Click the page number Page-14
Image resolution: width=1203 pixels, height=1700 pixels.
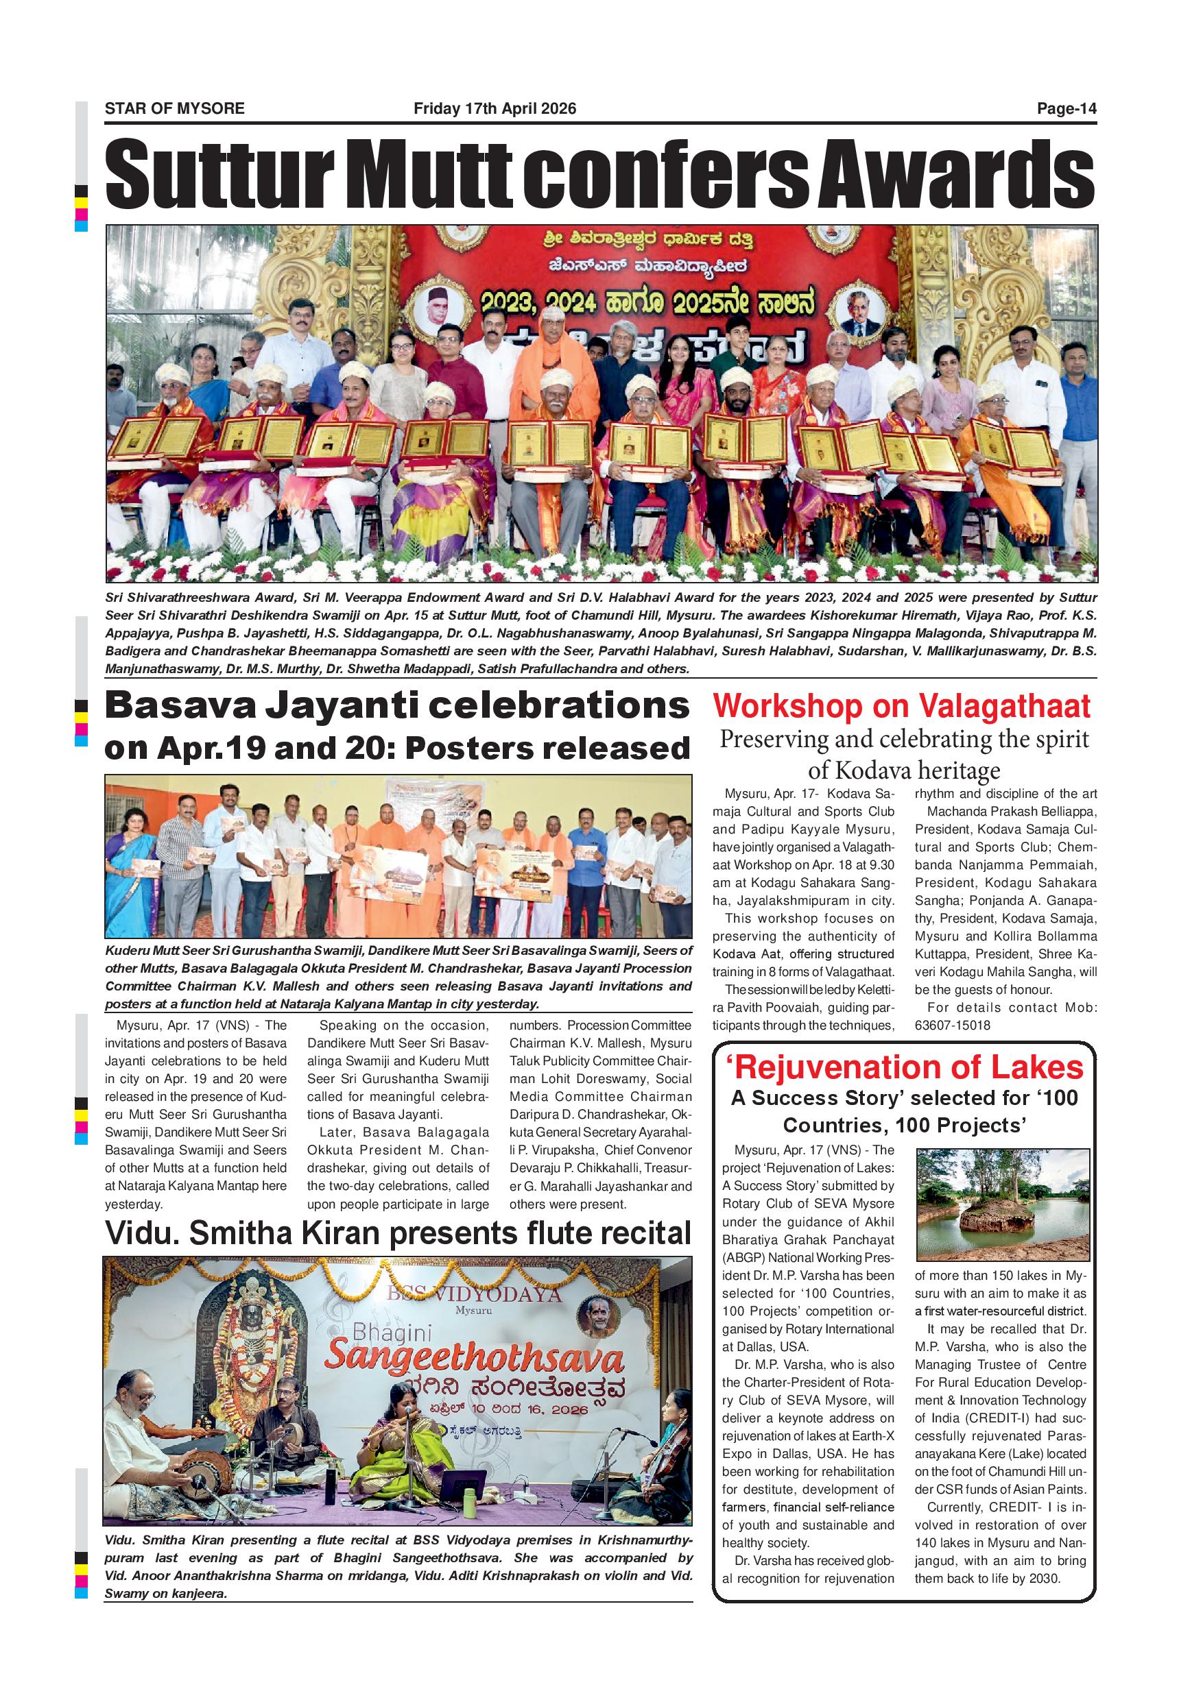point(1066,109)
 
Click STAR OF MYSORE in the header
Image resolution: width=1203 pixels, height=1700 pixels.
point(174,109)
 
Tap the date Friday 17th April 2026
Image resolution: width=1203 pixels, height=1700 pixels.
point(494,109)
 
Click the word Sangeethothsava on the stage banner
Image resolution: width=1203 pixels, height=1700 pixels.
point(474,1360)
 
